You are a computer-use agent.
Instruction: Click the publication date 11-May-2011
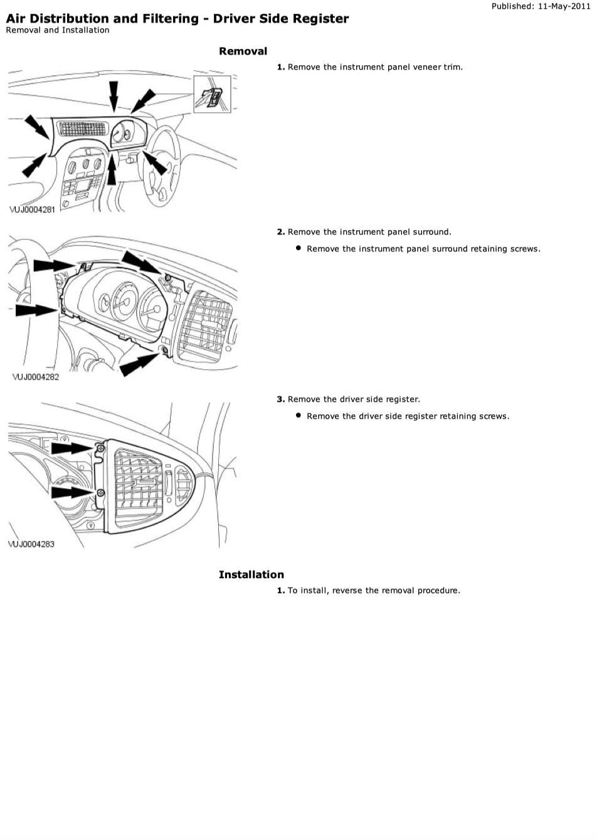[x=564, y=6]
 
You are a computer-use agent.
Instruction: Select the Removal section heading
[x=243, y=51]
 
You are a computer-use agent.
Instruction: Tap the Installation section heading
[x=251, y=574]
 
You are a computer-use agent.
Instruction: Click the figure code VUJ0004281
[x=32, y=209]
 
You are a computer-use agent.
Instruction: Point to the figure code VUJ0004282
[x=36, y=377]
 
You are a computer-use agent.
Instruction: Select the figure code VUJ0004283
[x=31, y=544]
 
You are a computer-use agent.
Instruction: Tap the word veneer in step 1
[x=427, y=67]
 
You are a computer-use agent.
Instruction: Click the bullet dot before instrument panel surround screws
[x=298, y=248]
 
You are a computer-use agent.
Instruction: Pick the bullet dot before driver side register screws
[x=298, y=415]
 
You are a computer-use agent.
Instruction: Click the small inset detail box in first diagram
[x=212, y=94]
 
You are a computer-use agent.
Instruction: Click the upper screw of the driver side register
[x=100, y=449]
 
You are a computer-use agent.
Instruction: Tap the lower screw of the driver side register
[x=100, y=493]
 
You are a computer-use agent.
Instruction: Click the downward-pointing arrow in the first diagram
[x=114, y=97]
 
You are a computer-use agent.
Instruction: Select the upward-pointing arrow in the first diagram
[x=112, y=169]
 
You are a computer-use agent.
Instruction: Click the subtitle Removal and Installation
[x=58, y=30]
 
